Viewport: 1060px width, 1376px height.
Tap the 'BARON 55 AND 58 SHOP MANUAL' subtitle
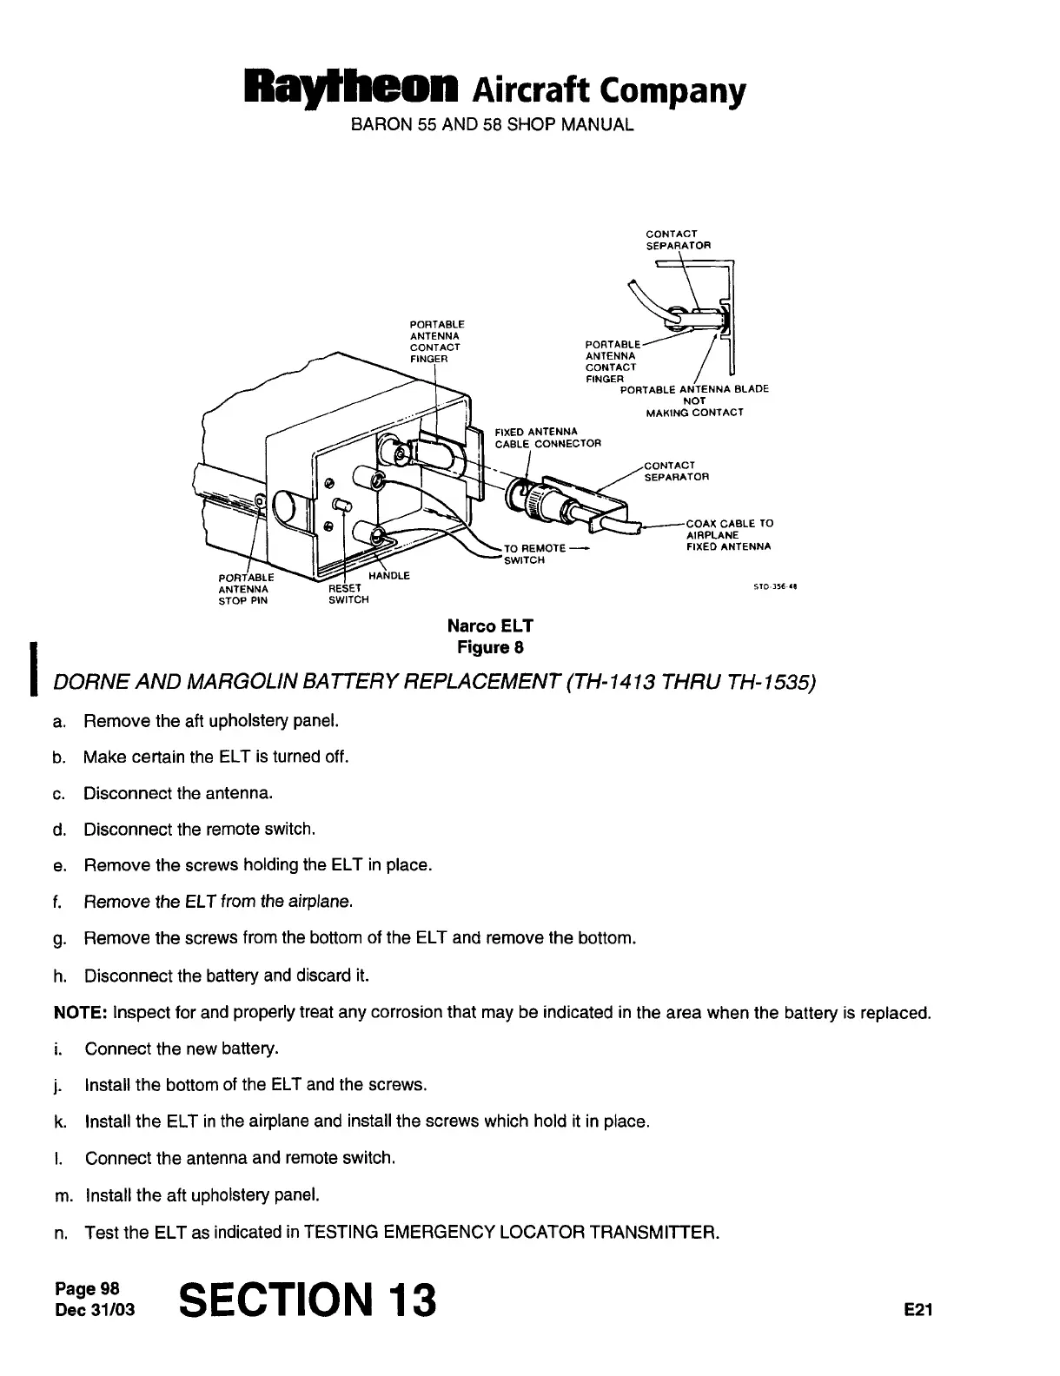click(x=492, y=124)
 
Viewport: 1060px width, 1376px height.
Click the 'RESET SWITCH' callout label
click(x=348, y=594)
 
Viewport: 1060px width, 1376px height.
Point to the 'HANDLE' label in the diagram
click(x=388, y=576)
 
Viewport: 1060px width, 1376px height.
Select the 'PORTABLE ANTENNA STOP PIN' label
click(x=244, y=588)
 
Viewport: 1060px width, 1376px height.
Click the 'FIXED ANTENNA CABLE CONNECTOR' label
click(x=547, y=438)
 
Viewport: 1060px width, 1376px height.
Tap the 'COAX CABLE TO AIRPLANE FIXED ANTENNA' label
click(x=728, y=535)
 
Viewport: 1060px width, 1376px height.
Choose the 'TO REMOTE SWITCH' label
click(x=534, y=554)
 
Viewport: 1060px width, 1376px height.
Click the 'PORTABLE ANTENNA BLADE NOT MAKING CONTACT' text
click(x=694, y=400)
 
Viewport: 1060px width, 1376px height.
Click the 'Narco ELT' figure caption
click(x=490, y=625)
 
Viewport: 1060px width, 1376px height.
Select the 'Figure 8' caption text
click(x=490, y=647)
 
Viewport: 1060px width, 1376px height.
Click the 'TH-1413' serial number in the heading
click(x=611, y=684)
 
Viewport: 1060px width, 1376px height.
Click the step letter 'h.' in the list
click(x=59, y=976)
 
